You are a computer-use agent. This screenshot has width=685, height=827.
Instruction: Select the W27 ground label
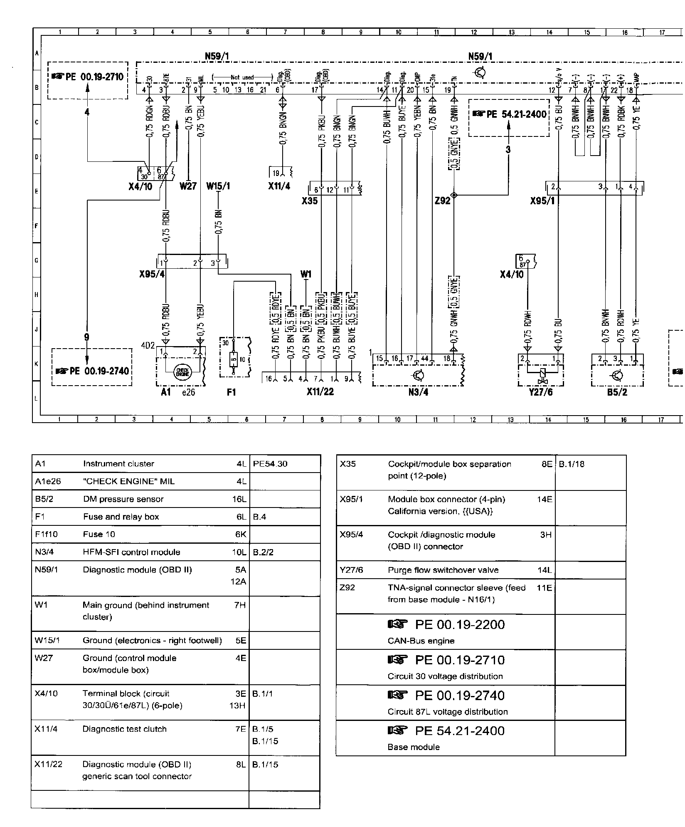(x=188, y=186)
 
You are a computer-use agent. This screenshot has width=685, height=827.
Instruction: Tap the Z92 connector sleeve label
(x=442, y=201)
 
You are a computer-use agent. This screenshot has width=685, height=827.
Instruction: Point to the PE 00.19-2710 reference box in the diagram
(x=88, y=80)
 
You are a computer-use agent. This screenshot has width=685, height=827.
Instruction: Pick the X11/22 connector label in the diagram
(x=320, y=392)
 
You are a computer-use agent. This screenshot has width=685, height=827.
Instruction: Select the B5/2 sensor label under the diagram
(x=617, y=392)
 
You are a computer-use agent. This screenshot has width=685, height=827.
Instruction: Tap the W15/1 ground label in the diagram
(x=218, y=186)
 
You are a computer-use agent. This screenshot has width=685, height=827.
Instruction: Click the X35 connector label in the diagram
(x=310, y=201)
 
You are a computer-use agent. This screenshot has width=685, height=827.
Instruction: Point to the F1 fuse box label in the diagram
(x=231, y=392)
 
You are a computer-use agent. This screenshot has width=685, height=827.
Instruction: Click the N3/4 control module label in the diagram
(x=418, y=392)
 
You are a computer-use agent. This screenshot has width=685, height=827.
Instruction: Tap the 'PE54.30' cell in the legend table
(x=270, y=464)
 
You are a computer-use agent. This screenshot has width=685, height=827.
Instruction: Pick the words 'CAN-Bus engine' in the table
(x=421, y=641)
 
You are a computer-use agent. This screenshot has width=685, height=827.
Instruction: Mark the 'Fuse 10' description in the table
(x=99, y=534)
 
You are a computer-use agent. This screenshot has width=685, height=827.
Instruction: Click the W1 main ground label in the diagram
(x=306, y=275)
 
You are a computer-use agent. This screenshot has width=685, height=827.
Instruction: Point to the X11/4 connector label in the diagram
(x=279, y=186)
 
